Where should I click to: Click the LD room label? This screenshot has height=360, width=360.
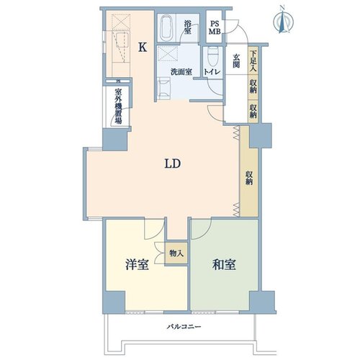(173, 163)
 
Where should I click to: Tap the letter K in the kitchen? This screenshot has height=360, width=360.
(143, 47)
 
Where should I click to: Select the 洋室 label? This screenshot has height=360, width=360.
(138, 264)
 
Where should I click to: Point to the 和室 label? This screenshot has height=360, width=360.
(224, 264)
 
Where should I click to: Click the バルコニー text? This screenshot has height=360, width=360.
(184, 327)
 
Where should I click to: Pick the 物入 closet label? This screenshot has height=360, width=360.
(176, 253)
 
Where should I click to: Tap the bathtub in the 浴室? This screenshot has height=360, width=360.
(166, 28)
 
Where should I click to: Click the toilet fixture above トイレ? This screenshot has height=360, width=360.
(212, 57)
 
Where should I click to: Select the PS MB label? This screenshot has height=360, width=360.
(215, 27)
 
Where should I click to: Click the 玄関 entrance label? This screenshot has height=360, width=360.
(236, 61)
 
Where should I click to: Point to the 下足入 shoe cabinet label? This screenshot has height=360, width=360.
(253, 61)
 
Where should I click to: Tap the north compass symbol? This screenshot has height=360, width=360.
(283, 20)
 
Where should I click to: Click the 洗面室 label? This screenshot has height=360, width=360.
(181, 72)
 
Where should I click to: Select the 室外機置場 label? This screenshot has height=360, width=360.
(118, 107)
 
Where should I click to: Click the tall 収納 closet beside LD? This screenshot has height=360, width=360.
(249, 171)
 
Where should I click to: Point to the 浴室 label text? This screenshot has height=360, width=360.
(187, 27)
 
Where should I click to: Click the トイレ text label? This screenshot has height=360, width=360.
(212, 72)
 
